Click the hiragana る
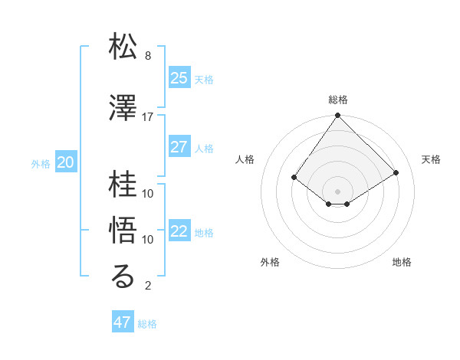123,277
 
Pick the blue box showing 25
179,78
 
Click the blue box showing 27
179,147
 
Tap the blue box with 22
179,231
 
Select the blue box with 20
65,162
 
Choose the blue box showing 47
123,322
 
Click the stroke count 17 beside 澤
147,117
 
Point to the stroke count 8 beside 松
147,56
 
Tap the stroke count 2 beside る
147,286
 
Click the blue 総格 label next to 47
147,324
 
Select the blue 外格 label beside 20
40,163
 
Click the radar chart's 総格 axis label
337,100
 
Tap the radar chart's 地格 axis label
402,262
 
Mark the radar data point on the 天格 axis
396,172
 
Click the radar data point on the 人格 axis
294,177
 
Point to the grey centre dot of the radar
337,191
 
